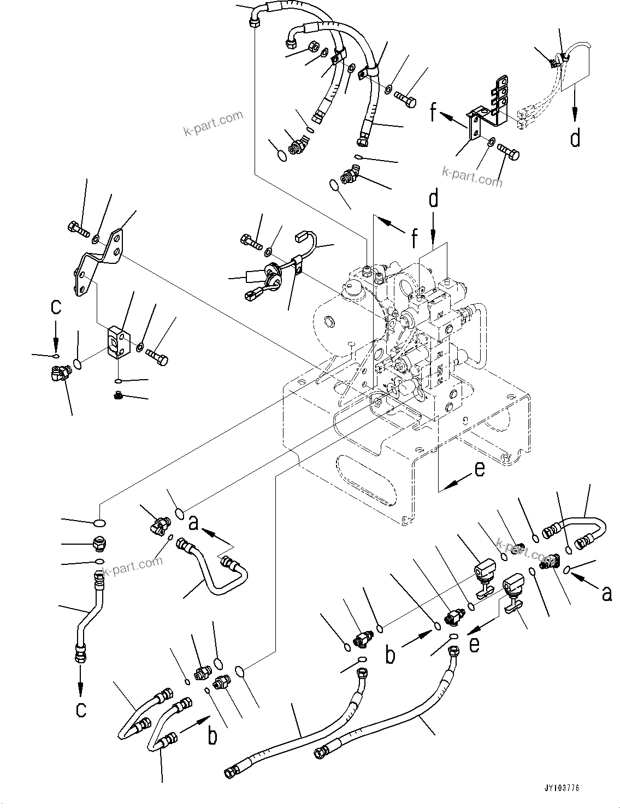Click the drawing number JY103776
tap(561, 788)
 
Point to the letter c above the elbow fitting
tap(56, 307)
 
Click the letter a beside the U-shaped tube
tap(192, 523)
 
